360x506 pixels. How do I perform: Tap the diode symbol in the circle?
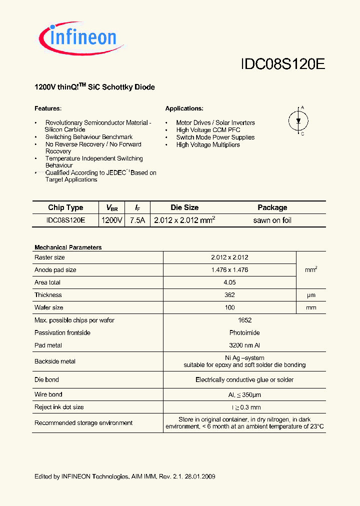coord(299,120)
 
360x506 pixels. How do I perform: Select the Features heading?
coord(47,108)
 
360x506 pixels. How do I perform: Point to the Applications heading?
coord(184,108)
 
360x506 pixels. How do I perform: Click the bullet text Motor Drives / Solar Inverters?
coord(215,122)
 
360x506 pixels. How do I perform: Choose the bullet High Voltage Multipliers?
coord(207,144)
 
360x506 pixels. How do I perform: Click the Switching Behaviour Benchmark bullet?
coord(88,137)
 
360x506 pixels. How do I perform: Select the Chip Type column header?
coord(65,207)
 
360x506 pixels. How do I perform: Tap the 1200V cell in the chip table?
coord(111,220)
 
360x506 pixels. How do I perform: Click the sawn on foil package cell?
coord(272,220)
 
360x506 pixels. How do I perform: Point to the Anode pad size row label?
coord(55,270)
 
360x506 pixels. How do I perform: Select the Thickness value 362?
coord(229,295)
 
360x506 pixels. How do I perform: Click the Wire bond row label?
coord(48,394)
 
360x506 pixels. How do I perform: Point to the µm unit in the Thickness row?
coord(311,295)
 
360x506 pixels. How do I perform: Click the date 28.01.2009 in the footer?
coord(199,476)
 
